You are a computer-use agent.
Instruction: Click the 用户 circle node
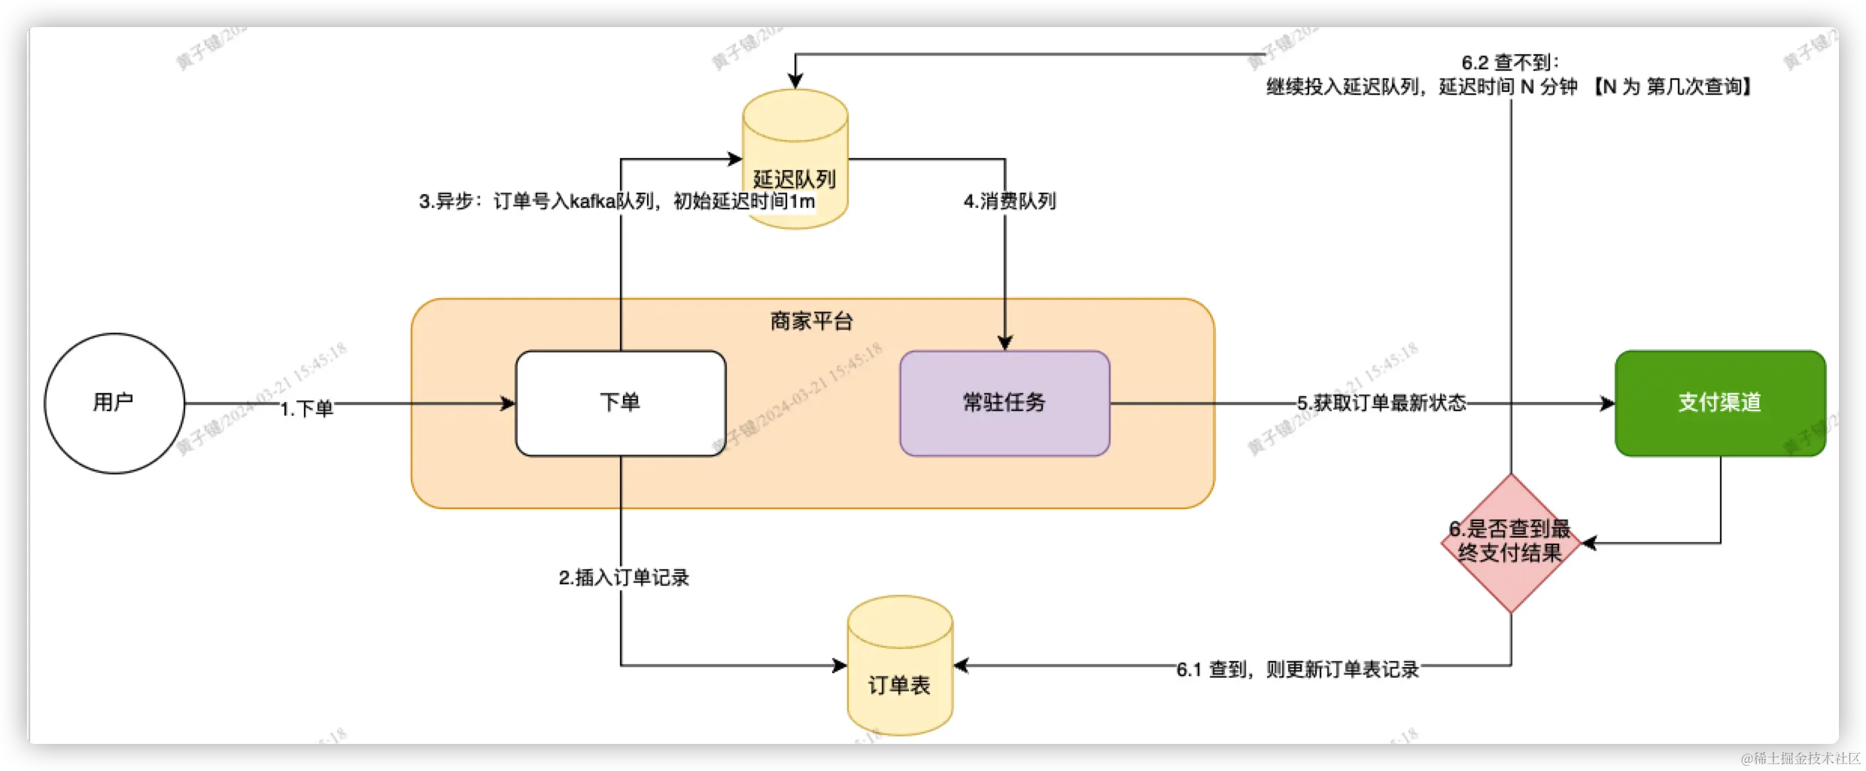tap(114, 403)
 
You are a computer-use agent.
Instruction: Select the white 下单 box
tap(620, 403)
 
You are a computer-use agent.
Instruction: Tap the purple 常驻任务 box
tap(1004, 403)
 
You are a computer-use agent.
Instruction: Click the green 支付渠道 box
tap(1720, 403)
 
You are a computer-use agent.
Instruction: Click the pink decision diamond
tap(1510, 542)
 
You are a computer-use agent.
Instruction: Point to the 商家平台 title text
tap(811, 322)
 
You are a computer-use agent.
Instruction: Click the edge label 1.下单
tap(307, 408)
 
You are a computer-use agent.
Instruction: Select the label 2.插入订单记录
tap(624, 577)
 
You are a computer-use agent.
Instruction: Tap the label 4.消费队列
tap(1010, 201)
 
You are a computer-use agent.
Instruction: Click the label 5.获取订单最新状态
tap(1381, 403)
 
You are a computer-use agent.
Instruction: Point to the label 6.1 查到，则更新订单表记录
tap(1297, 669)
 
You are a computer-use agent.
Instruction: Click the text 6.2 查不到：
tap(1510, 62)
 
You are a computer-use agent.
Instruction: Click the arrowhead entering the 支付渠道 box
tap(1607, 404)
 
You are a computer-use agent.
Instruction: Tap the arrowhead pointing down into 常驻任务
tap(1004, 343)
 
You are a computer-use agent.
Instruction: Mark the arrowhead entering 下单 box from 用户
tap(508, 404)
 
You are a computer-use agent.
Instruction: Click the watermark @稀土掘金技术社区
tap(1799, 757)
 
